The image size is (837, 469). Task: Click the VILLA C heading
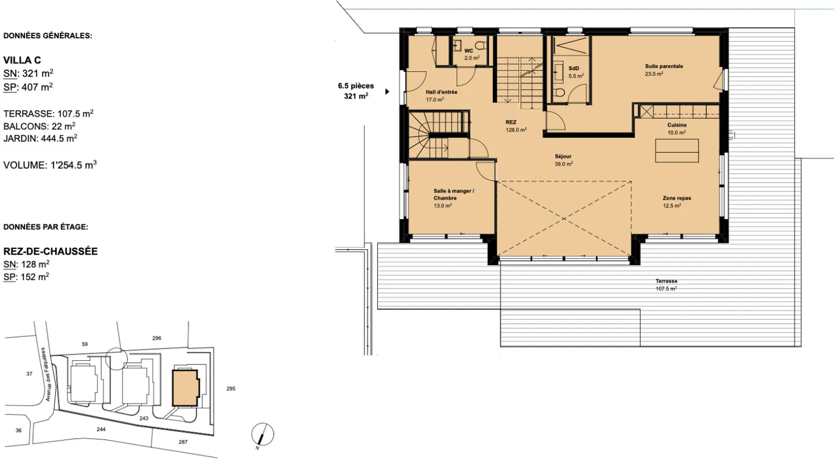[22, 60]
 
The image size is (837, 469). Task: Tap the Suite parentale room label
[664, 66]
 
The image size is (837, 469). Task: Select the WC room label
[468, 51]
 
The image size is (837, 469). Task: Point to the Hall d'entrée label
[441, 92]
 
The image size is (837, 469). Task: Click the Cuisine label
[677, 125]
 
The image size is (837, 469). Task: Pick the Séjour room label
[563, 156]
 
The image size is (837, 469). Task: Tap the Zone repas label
[677, 198]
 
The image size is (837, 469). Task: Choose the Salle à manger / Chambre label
[453, 194]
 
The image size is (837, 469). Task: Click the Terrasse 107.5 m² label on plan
[666, 285]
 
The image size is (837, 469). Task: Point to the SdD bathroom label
[574, 69]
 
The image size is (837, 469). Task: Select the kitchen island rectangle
[677, 151]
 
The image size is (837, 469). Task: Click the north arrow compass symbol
[262, 435]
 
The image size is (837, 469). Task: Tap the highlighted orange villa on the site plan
[185, 388]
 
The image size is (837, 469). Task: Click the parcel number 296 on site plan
[156, 338]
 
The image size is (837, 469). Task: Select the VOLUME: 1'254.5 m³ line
[50, 165]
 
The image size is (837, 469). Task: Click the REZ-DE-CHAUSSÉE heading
[51, 251]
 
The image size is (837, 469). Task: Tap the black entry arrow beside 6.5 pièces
[388, 92]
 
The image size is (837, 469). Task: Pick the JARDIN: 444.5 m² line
[40, 138]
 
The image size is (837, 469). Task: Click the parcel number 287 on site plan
[183, 442]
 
